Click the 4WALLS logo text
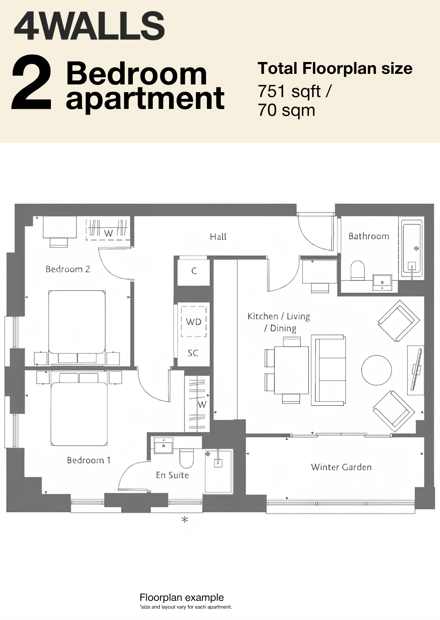(89, 26)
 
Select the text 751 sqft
(289, 92)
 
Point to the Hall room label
(218, 237)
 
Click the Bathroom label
(369, 236)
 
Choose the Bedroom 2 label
(68, 269)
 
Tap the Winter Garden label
(341, 467)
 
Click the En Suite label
(172, 475)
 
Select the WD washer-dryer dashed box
(194, 321)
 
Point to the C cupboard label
(194, 271)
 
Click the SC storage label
(193, 353)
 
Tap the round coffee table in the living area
(376, 370)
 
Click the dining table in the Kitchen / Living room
(291, 370)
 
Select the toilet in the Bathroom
(358, 270)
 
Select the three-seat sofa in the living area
(329, 370)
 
